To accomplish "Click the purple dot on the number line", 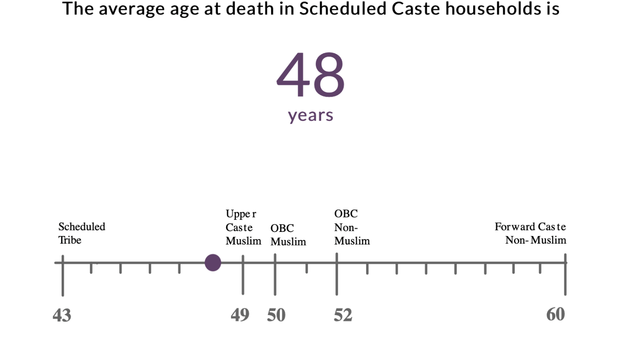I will pos(213,262).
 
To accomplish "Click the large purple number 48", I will pos(310,75).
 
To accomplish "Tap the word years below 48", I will pos(310,116).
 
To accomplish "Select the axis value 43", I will pos(62,315).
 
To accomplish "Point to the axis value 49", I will pos(240,315).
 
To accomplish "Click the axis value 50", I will pos(276,315).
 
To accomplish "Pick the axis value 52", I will pos(343,315).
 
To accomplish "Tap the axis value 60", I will pos(555,314).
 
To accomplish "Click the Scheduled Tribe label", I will pos(81,233).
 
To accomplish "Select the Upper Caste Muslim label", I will pos(243,227).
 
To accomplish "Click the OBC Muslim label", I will pos(288,235).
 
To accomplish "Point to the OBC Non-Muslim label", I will pos(352,227).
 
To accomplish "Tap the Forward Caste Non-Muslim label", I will pos(531,233).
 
